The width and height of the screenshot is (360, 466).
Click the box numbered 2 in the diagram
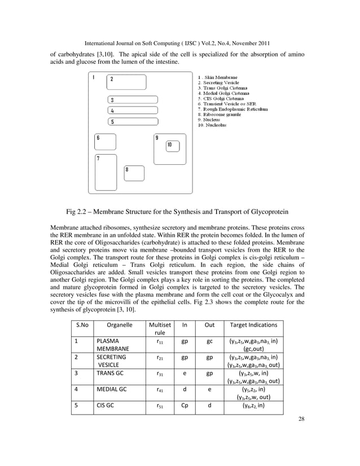[x=126, y=82]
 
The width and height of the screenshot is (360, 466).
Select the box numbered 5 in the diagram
[x=133, y=121]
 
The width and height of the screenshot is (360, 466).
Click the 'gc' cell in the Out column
[x=209, y=341]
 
